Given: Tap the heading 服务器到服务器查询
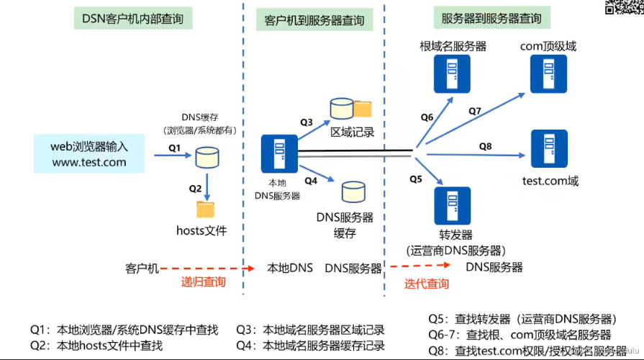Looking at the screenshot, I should click(492, 18).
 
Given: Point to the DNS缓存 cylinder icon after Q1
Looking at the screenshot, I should click(207, 156).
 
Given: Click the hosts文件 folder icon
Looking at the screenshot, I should click(206, 209).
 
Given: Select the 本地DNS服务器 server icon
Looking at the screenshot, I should click(276, 153).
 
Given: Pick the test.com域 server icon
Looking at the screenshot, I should click(548, 148).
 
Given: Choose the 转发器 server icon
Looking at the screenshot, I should click(451, 205).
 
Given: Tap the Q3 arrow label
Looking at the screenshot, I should click(307, 122).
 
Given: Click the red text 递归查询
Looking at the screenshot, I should click(204, 282).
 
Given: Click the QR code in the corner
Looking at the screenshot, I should click(624, 7).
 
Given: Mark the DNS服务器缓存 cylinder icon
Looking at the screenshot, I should click(353, 192).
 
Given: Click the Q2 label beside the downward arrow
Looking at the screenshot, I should click(195, 189).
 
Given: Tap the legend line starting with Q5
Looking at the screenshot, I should click(522, 319).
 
